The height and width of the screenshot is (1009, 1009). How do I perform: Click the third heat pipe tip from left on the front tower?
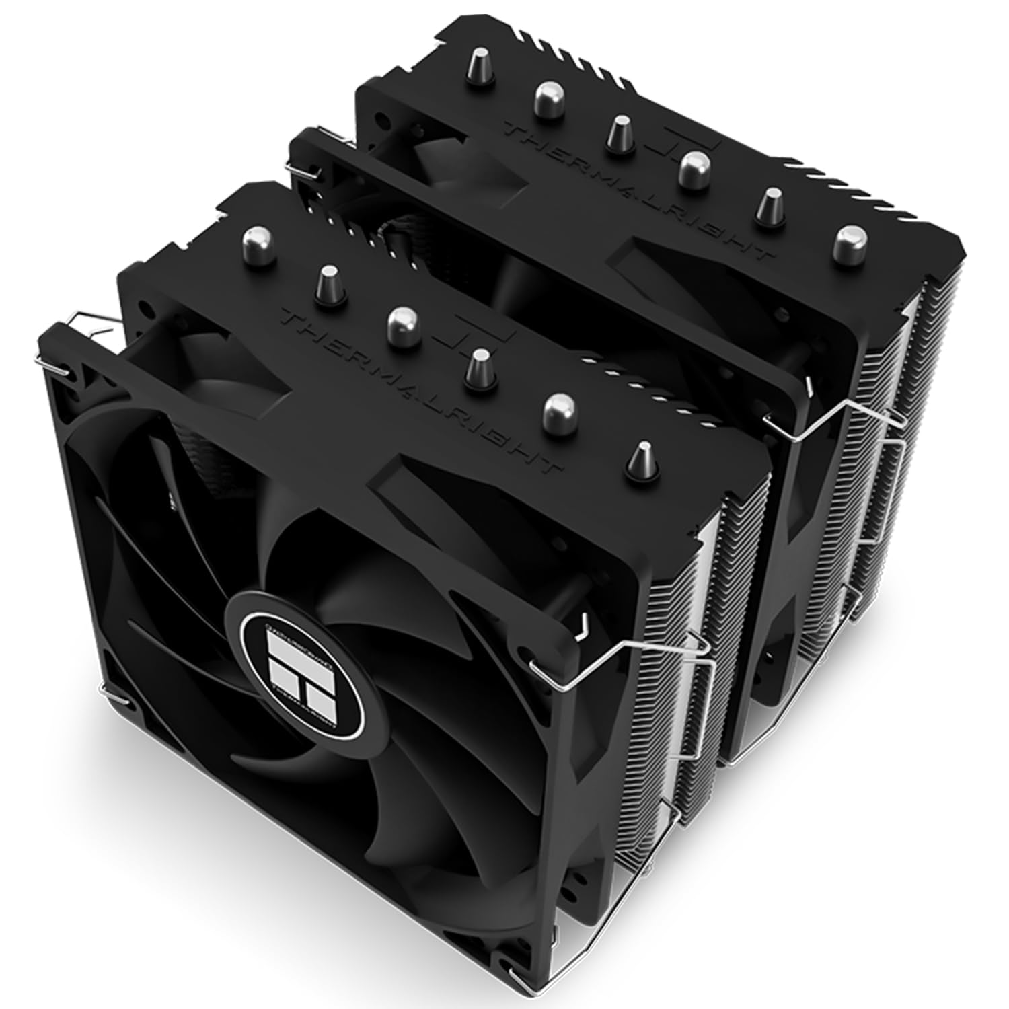point(402,320)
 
